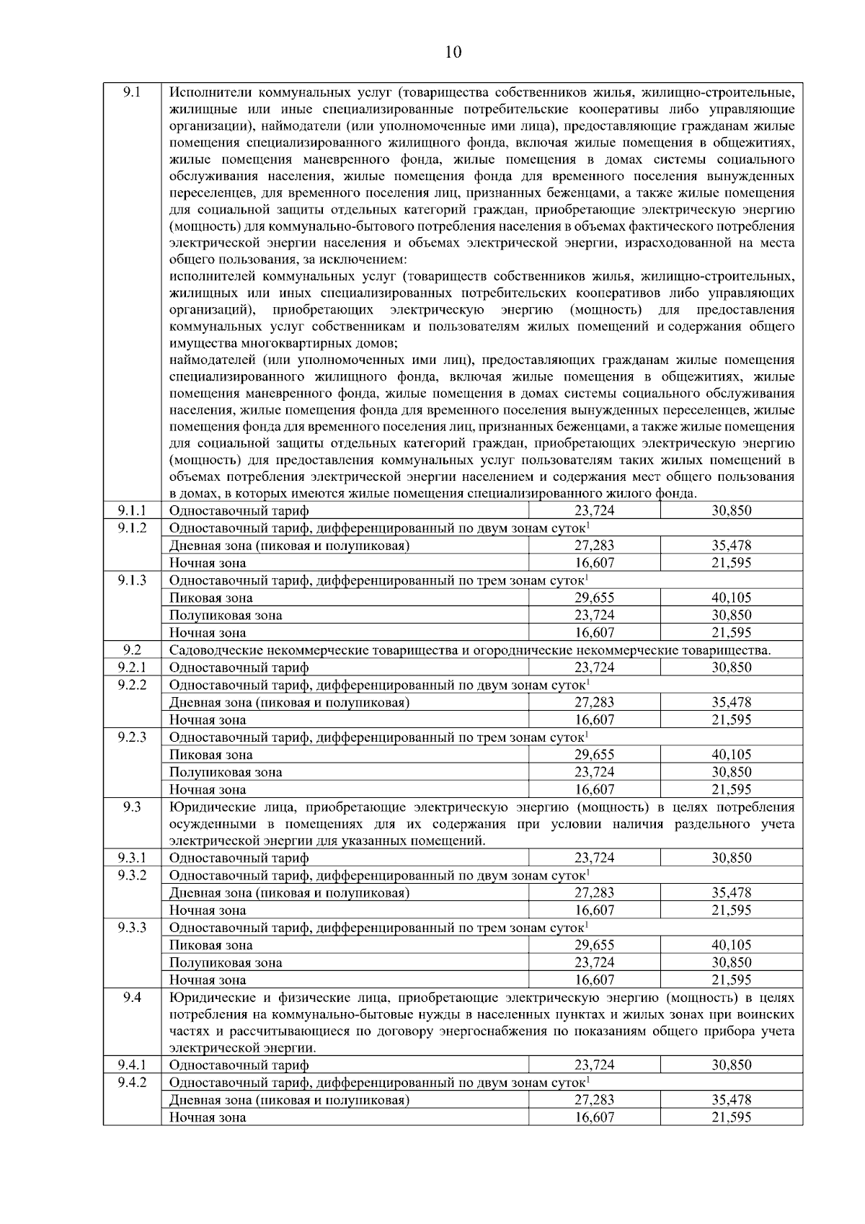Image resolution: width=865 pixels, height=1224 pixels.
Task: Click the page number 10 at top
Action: click(x=453, y=52)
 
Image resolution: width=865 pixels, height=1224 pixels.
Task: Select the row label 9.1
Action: click(x=132, y=92)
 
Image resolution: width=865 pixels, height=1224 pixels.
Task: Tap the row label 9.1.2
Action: click(x=132, y=528)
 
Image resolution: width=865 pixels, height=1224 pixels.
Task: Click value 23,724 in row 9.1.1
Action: click(x=594, y=510)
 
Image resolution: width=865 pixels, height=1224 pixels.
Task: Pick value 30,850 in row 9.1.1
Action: click(x=731, y=510)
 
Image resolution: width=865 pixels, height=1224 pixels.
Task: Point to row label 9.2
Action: click(x=132, y=649)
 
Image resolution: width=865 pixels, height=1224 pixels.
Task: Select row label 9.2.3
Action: click(x=132, y=737)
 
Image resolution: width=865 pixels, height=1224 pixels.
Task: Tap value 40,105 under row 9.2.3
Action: click(x=731, y=755)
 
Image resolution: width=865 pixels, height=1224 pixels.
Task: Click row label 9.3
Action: click(x=132, y=807)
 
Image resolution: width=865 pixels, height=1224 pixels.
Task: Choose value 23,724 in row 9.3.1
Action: click(x=594, y=858)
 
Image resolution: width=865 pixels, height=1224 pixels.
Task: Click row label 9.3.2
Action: click(x=132, y=875)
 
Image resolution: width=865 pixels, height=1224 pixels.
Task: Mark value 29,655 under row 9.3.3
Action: click(x=594, y=945)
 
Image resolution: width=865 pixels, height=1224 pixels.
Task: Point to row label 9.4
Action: click(x=132, y=997)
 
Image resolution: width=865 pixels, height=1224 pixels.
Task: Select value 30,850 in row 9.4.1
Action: click(x=731, y=1065)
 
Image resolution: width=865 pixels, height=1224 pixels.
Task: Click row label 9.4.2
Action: click(x=132, y=1082)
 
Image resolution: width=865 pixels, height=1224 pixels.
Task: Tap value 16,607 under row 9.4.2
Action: click(x=594, y=1117)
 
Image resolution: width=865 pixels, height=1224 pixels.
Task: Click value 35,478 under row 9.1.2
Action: click(x=731, y=546)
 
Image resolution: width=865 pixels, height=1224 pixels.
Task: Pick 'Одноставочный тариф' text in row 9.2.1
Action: click(x=239, y=668)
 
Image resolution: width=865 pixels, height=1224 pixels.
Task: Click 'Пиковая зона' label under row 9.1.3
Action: click(x=210, y=598)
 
